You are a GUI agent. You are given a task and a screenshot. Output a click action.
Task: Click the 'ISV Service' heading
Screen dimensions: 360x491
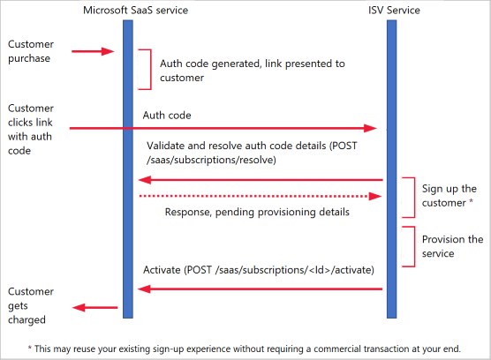click(x=394, y=11)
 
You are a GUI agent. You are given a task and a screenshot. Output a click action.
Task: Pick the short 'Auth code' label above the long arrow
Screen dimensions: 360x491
click(x=167, y=116)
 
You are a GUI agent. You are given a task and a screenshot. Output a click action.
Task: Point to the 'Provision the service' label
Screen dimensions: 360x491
click(x=451, y=246)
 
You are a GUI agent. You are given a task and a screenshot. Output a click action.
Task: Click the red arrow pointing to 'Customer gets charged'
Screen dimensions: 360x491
click(x=94, y=307)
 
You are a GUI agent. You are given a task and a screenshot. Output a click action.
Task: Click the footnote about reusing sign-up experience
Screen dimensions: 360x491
click(x=245, y=348)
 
